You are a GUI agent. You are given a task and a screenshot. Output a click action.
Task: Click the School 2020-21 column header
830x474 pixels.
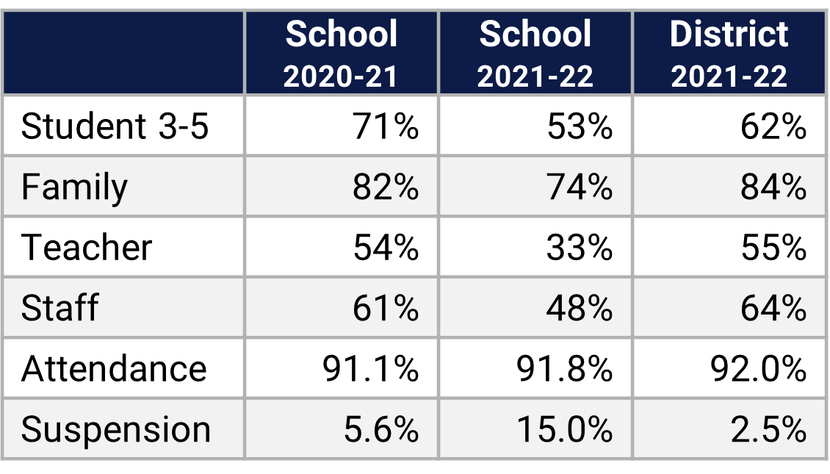[341, 54]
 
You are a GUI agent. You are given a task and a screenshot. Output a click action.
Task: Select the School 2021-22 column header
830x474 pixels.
[535, 54]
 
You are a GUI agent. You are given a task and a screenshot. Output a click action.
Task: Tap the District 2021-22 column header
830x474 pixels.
[729, 54]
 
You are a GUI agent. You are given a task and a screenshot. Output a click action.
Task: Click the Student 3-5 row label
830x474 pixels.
[115, 126]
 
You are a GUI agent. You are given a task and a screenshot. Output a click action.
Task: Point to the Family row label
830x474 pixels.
[74, 187]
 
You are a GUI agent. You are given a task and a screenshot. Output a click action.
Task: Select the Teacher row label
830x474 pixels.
[87, 248]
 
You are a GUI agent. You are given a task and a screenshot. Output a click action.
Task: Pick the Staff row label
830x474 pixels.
[59, 308]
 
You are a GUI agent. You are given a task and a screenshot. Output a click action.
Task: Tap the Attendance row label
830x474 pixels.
[114, 368]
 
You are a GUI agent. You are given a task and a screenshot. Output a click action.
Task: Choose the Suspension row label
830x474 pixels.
[116, 429]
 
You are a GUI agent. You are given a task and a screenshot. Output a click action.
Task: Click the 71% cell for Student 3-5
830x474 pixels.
[386, 126]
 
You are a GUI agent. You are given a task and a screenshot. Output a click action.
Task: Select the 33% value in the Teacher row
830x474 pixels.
[580, 248]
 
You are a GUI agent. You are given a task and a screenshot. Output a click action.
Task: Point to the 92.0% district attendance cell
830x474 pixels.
[758, 368]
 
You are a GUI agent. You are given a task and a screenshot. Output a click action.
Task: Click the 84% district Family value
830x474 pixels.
[773, 187]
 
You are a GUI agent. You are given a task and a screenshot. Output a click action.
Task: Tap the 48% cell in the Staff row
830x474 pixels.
[580, 308]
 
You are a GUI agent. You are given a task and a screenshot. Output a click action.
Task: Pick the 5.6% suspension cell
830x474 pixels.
[380, 429]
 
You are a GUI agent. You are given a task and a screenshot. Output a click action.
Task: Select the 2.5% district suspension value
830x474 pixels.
[768, 429]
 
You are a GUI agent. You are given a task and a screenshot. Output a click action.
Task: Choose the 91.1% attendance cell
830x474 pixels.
[370, 368]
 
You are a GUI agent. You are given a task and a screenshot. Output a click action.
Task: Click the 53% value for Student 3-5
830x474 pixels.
[580, 126]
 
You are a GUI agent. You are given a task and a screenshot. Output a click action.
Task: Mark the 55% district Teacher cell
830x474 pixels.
[773, 248]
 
